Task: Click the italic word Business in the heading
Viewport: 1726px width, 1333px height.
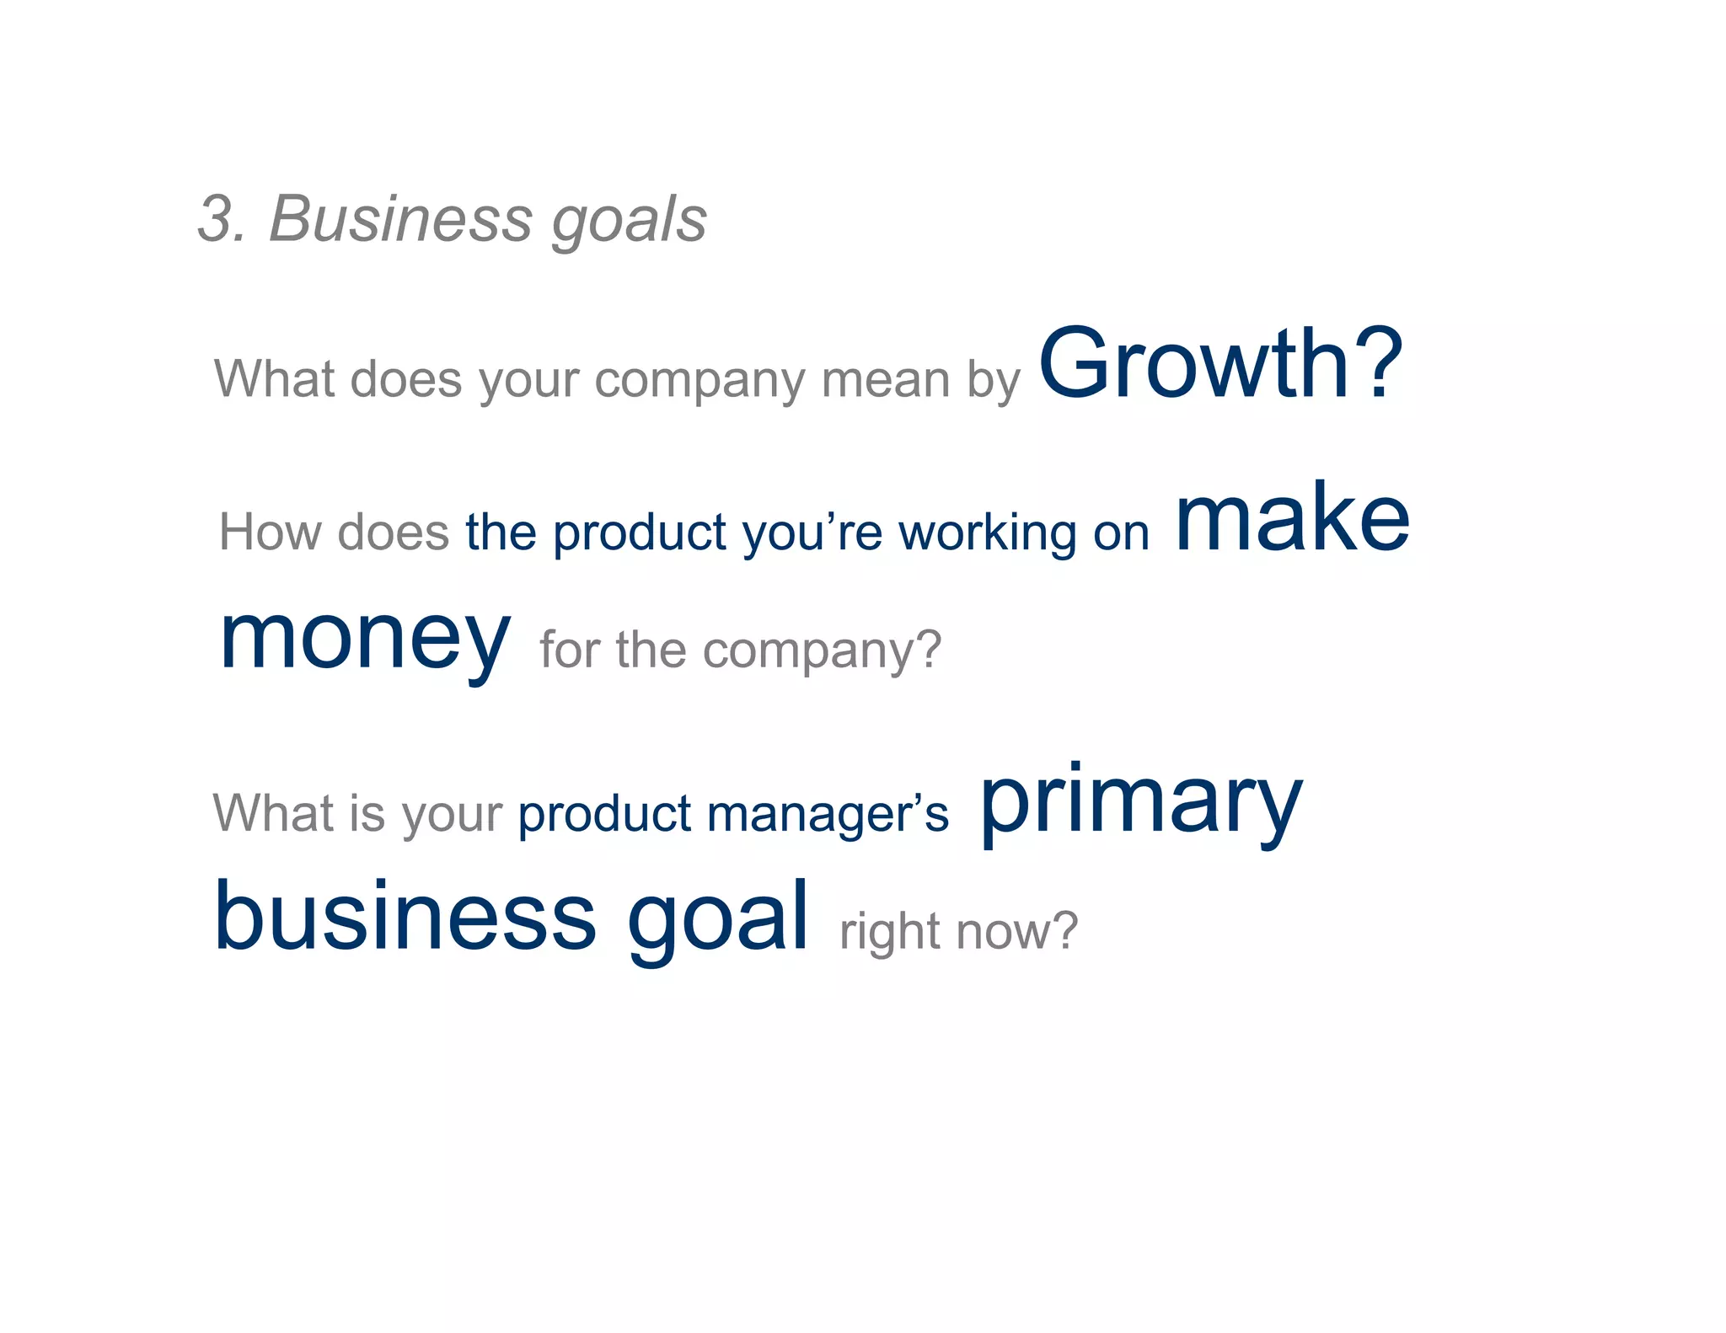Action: tap(400, 219)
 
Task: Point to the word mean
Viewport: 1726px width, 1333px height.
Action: tap(884, 379)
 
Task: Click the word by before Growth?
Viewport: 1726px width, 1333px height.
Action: tap(994, 381)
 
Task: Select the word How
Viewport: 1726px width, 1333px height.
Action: tap(271, 533)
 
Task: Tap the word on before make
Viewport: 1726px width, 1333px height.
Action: tap(1122, 534)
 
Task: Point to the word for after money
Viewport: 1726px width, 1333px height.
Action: tap(571, 650)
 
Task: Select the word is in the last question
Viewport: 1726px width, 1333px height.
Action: tap(367, 813)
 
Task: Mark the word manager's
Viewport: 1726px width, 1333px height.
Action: tap(828, 815)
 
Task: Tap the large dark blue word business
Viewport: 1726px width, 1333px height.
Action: tap(405, 916)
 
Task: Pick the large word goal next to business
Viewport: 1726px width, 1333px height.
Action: tap(718, 918)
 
